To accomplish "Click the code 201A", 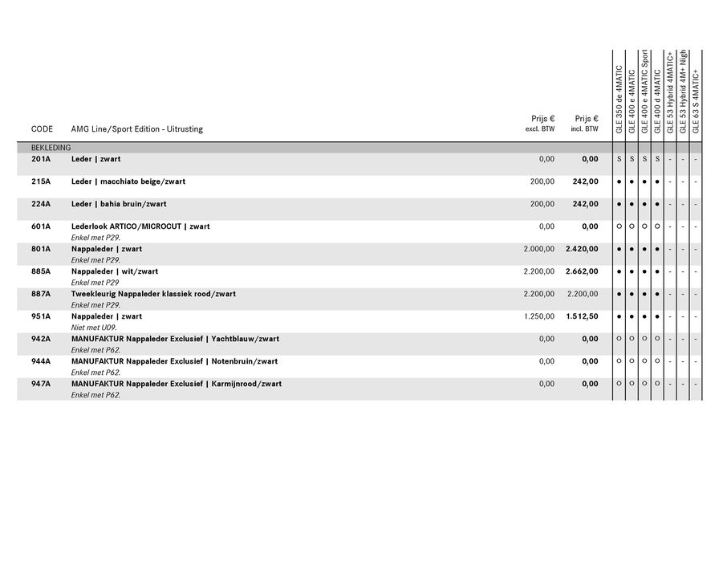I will [x=41, y=159].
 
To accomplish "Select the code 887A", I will [x=41, y=294].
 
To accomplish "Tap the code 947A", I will [x=41, y=384].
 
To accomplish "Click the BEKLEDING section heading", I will [x=51, y=148].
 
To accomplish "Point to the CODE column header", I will [x=42, y=129].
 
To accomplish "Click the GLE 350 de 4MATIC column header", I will [x=619, y=99].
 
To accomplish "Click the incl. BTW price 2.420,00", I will [x=582, y=249].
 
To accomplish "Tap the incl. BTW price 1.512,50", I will [x=582, y=316].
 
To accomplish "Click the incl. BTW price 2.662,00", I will [x=582, y=271].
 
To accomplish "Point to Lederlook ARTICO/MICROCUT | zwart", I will [x=140, y=226].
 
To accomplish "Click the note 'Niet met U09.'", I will [x=94, y=328].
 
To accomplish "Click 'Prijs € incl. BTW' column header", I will [x=586, y=124].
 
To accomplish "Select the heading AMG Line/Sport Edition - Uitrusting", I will [x=136, y=129].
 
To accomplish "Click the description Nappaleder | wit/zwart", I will [x=115, y=271].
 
